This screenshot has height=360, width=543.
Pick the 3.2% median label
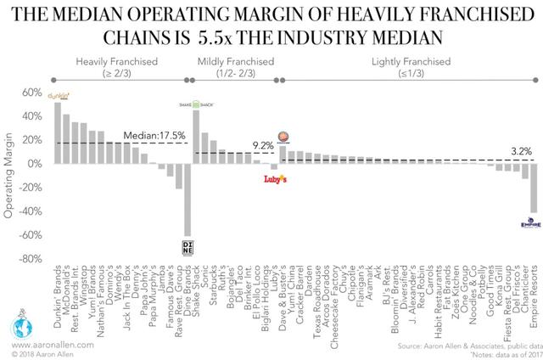point(521,151)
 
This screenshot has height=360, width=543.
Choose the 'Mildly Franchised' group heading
point(232,63)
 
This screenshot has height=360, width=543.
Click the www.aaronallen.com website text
point(50,337)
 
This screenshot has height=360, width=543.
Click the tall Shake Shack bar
point(197,137)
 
